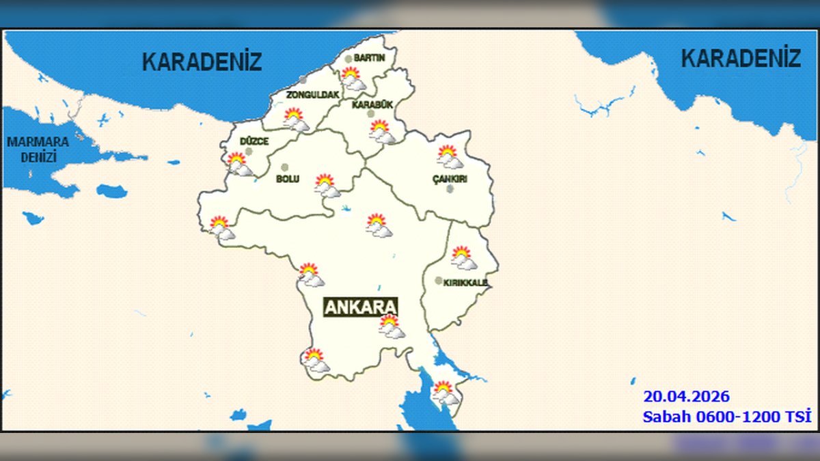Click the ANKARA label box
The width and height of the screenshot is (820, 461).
(359, 307)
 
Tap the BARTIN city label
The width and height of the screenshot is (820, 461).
(370, 58)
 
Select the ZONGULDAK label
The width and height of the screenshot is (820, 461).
(312, 94)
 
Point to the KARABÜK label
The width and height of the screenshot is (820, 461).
(372, 105)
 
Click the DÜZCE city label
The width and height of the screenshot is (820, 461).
(254, 141)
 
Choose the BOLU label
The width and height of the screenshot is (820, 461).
(288, 179)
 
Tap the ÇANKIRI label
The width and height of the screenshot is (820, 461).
(450, 179)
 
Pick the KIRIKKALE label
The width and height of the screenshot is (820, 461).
(466, 282)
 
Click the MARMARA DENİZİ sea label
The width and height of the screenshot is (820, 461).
(38, 149)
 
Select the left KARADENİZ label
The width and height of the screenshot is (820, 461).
(202, 61)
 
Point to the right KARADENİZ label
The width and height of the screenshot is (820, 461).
(741, 59)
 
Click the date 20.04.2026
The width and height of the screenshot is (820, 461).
(686, 397)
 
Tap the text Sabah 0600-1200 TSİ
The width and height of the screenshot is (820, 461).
(726, 416)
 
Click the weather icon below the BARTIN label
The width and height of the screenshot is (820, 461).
(353, 79)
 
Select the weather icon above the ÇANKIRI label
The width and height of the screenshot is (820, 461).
(449, 156)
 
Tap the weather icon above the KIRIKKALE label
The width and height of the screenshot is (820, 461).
(463, 257)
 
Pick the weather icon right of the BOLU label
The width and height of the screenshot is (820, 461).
(327, 185)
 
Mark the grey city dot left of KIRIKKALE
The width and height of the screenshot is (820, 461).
(439, 281)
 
